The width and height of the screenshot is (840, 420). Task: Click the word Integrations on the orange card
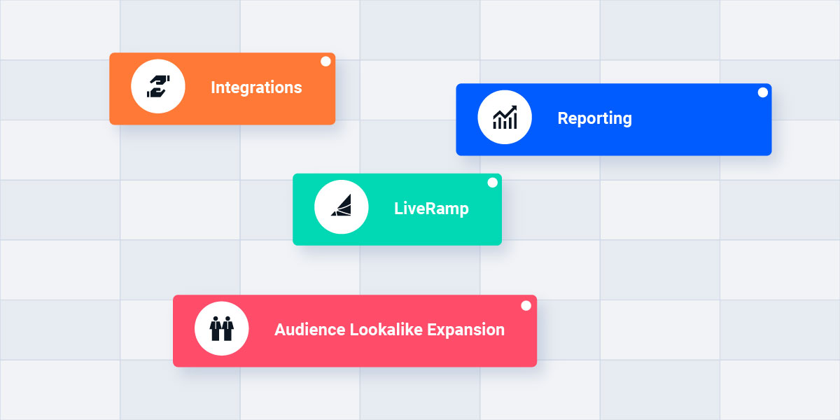click(256, 87)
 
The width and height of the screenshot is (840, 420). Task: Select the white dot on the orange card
click(325, 62)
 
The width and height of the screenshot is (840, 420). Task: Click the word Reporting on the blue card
click(594, 118)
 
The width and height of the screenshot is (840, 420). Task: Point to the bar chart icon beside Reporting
click(505, 118)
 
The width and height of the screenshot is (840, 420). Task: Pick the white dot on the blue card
click(762, 92)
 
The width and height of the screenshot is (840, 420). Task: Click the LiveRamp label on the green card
click(431, 209)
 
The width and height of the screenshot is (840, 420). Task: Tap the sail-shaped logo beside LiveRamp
click(342, 207)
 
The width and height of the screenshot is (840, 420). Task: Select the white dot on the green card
click(492, 183)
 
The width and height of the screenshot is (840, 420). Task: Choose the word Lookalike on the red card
click(386, 330)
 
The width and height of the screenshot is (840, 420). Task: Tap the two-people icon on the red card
click(222, 329)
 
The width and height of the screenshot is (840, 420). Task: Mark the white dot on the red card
click(526, 305)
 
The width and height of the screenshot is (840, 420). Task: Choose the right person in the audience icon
click(228, 329)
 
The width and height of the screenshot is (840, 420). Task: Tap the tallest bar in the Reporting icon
click(514, 122)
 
